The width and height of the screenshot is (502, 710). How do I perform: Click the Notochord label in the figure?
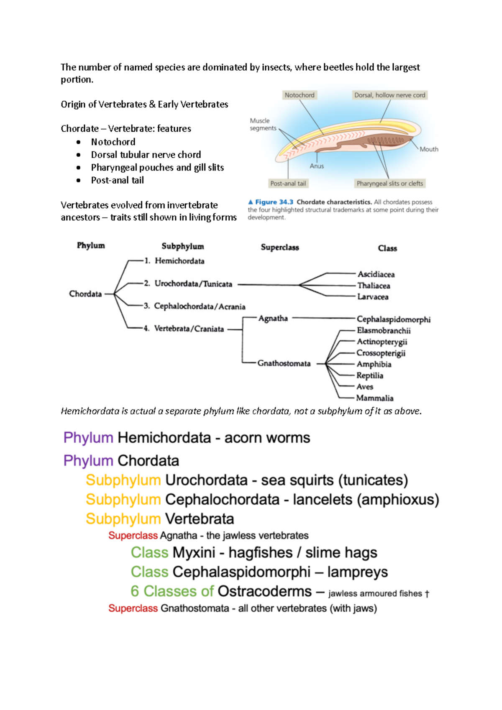pyautogui.click(x=299, y=95)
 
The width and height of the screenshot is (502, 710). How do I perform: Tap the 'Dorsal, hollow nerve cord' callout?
pyautogui.click(x=389, y=95)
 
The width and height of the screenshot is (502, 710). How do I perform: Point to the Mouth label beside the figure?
pyautogui.click(x=429, y=149)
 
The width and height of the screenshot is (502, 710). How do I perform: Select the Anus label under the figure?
pyautogui.click(x=317, y=166)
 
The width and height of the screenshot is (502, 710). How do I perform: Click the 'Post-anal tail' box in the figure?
pyautogui.click(x=288, y=184)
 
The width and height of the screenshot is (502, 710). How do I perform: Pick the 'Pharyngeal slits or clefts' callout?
pyautogui.click(x=389, y=184)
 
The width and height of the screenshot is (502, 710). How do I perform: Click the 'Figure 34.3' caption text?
pyautogui.click(x=274, y=202)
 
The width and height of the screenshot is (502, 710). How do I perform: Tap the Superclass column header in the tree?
pyautogui.click(x=280, y=247)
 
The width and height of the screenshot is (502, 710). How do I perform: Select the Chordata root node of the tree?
pyautogui.click(x=85, y=294)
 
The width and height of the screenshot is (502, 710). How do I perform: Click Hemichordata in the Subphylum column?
pyautogui.click(x=179, y=261)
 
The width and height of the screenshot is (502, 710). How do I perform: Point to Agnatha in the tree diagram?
pyautogui.click(x=273, y=318)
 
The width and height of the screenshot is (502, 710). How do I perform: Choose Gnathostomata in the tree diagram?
pyautogui.click(x=284, y=363)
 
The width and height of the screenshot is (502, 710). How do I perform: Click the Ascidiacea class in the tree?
pyautogui.click(x=376, y=274)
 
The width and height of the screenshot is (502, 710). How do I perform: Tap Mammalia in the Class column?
pyautogui.click(x=375, y=398)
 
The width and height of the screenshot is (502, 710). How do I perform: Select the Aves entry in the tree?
pyautogui.click(x=365, y=387)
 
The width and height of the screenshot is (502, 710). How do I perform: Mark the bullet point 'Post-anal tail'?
pyautogui.click(x=117, y=180)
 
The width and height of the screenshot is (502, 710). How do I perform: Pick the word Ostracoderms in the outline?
pyautogui.click(x=264, y=591)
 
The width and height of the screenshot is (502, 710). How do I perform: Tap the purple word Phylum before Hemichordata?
pyautogui.click(x=88, y=438)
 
